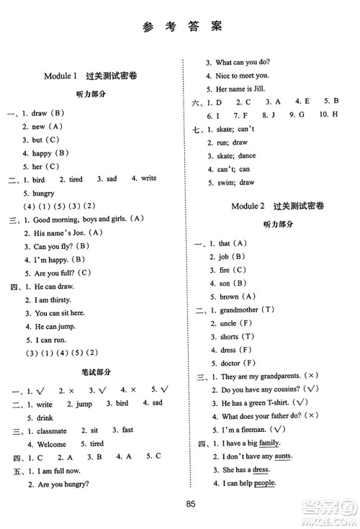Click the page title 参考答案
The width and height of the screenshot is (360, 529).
[x=181, y=27]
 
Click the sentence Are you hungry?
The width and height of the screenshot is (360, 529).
[x=59, y=484]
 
